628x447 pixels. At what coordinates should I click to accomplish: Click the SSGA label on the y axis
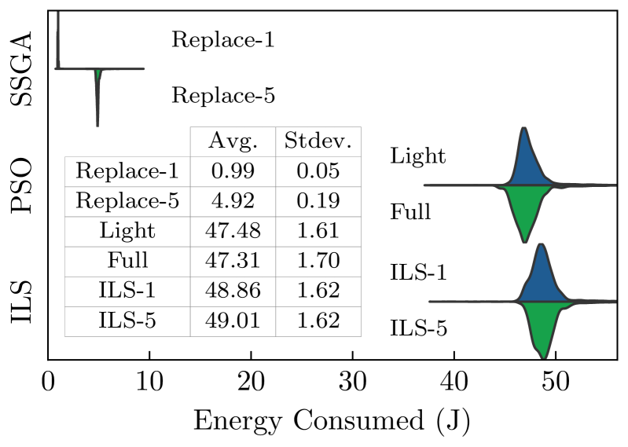23,69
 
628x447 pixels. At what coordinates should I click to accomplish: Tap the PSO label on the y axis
23,186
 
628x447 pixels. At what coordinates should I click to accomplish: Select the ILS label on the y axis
23,301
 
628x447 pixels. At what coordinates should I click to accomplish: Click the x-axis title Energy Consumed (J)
332,421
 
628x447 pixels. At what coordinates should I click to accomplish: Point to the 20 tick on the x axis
251,385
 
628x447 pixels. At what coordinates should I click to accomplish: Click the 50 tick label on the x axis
556,385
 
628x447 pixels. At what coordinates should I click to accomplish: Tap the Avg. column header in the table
232,141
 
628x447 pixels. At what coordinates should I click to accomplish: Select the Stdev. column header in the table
318,141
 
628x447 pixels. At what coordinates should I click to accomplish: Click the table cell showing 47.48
232,231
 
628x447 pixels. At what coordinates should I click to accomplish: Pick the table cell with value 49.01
232,321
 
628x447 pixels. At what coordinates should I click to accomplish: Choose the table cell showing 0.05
318,171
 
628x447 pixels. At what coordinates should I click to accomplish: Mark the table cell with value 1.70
318,261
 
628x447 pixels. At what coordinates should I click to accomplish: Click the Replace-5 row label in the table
127,201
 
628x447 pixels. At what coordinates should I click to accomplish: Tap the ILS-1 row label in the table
127,291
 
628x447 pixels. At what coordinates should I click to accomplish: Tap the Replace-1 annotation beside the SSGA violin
223,39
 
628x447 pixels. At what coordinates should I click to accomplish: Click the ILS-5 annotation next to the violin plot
419,328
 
